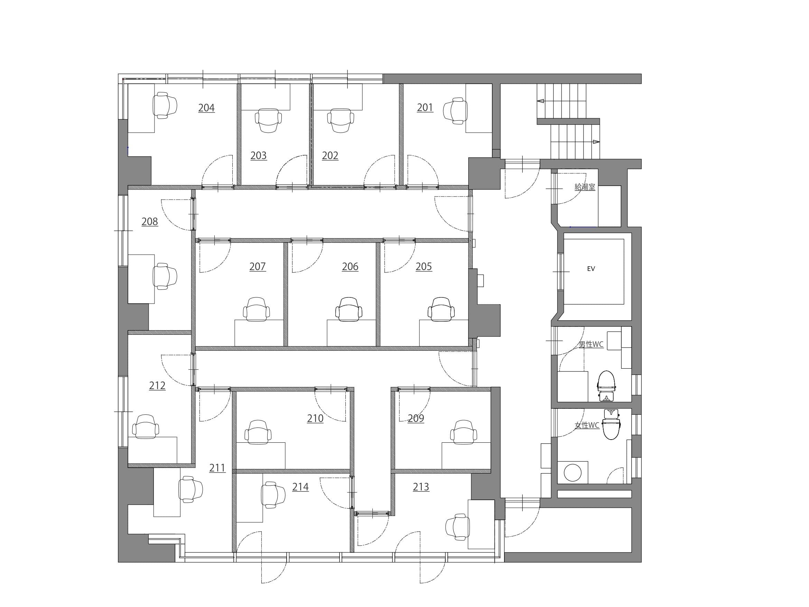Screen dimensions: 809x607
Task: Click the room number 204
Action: point(206,108)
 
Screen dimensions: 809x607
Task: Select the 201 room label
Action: point(425,107)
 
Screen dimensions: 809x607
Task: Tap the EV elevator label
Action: point(591,268)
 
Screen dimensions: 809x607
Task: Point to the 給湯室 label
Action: point(585,187)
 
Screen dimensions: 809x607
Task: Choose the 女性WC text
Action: point(587,425)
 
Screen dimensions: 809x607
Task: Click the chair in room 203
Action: point(268,120)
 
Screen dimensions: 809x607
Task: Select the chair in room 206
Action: point(349,310)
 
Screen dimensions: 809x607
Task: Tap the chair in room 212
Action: point(146,426)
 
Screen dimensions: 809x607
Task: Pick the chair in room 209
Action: point(463,432)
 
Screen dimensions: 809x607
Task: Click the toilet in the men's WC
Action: point(606,386)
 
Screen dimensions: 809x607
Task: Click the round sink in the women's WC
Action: point(573,472)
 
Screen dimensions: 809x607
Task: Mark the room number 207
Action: point(258,266)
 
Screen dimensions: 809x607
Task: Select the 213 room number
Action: point(421,487)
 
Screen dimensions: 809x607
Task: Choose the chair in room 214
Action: point(273,495)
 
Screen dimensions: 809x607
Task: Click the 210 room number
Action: point(315,418)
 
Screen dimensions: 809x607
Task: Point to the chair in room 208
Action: point(165,276)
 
